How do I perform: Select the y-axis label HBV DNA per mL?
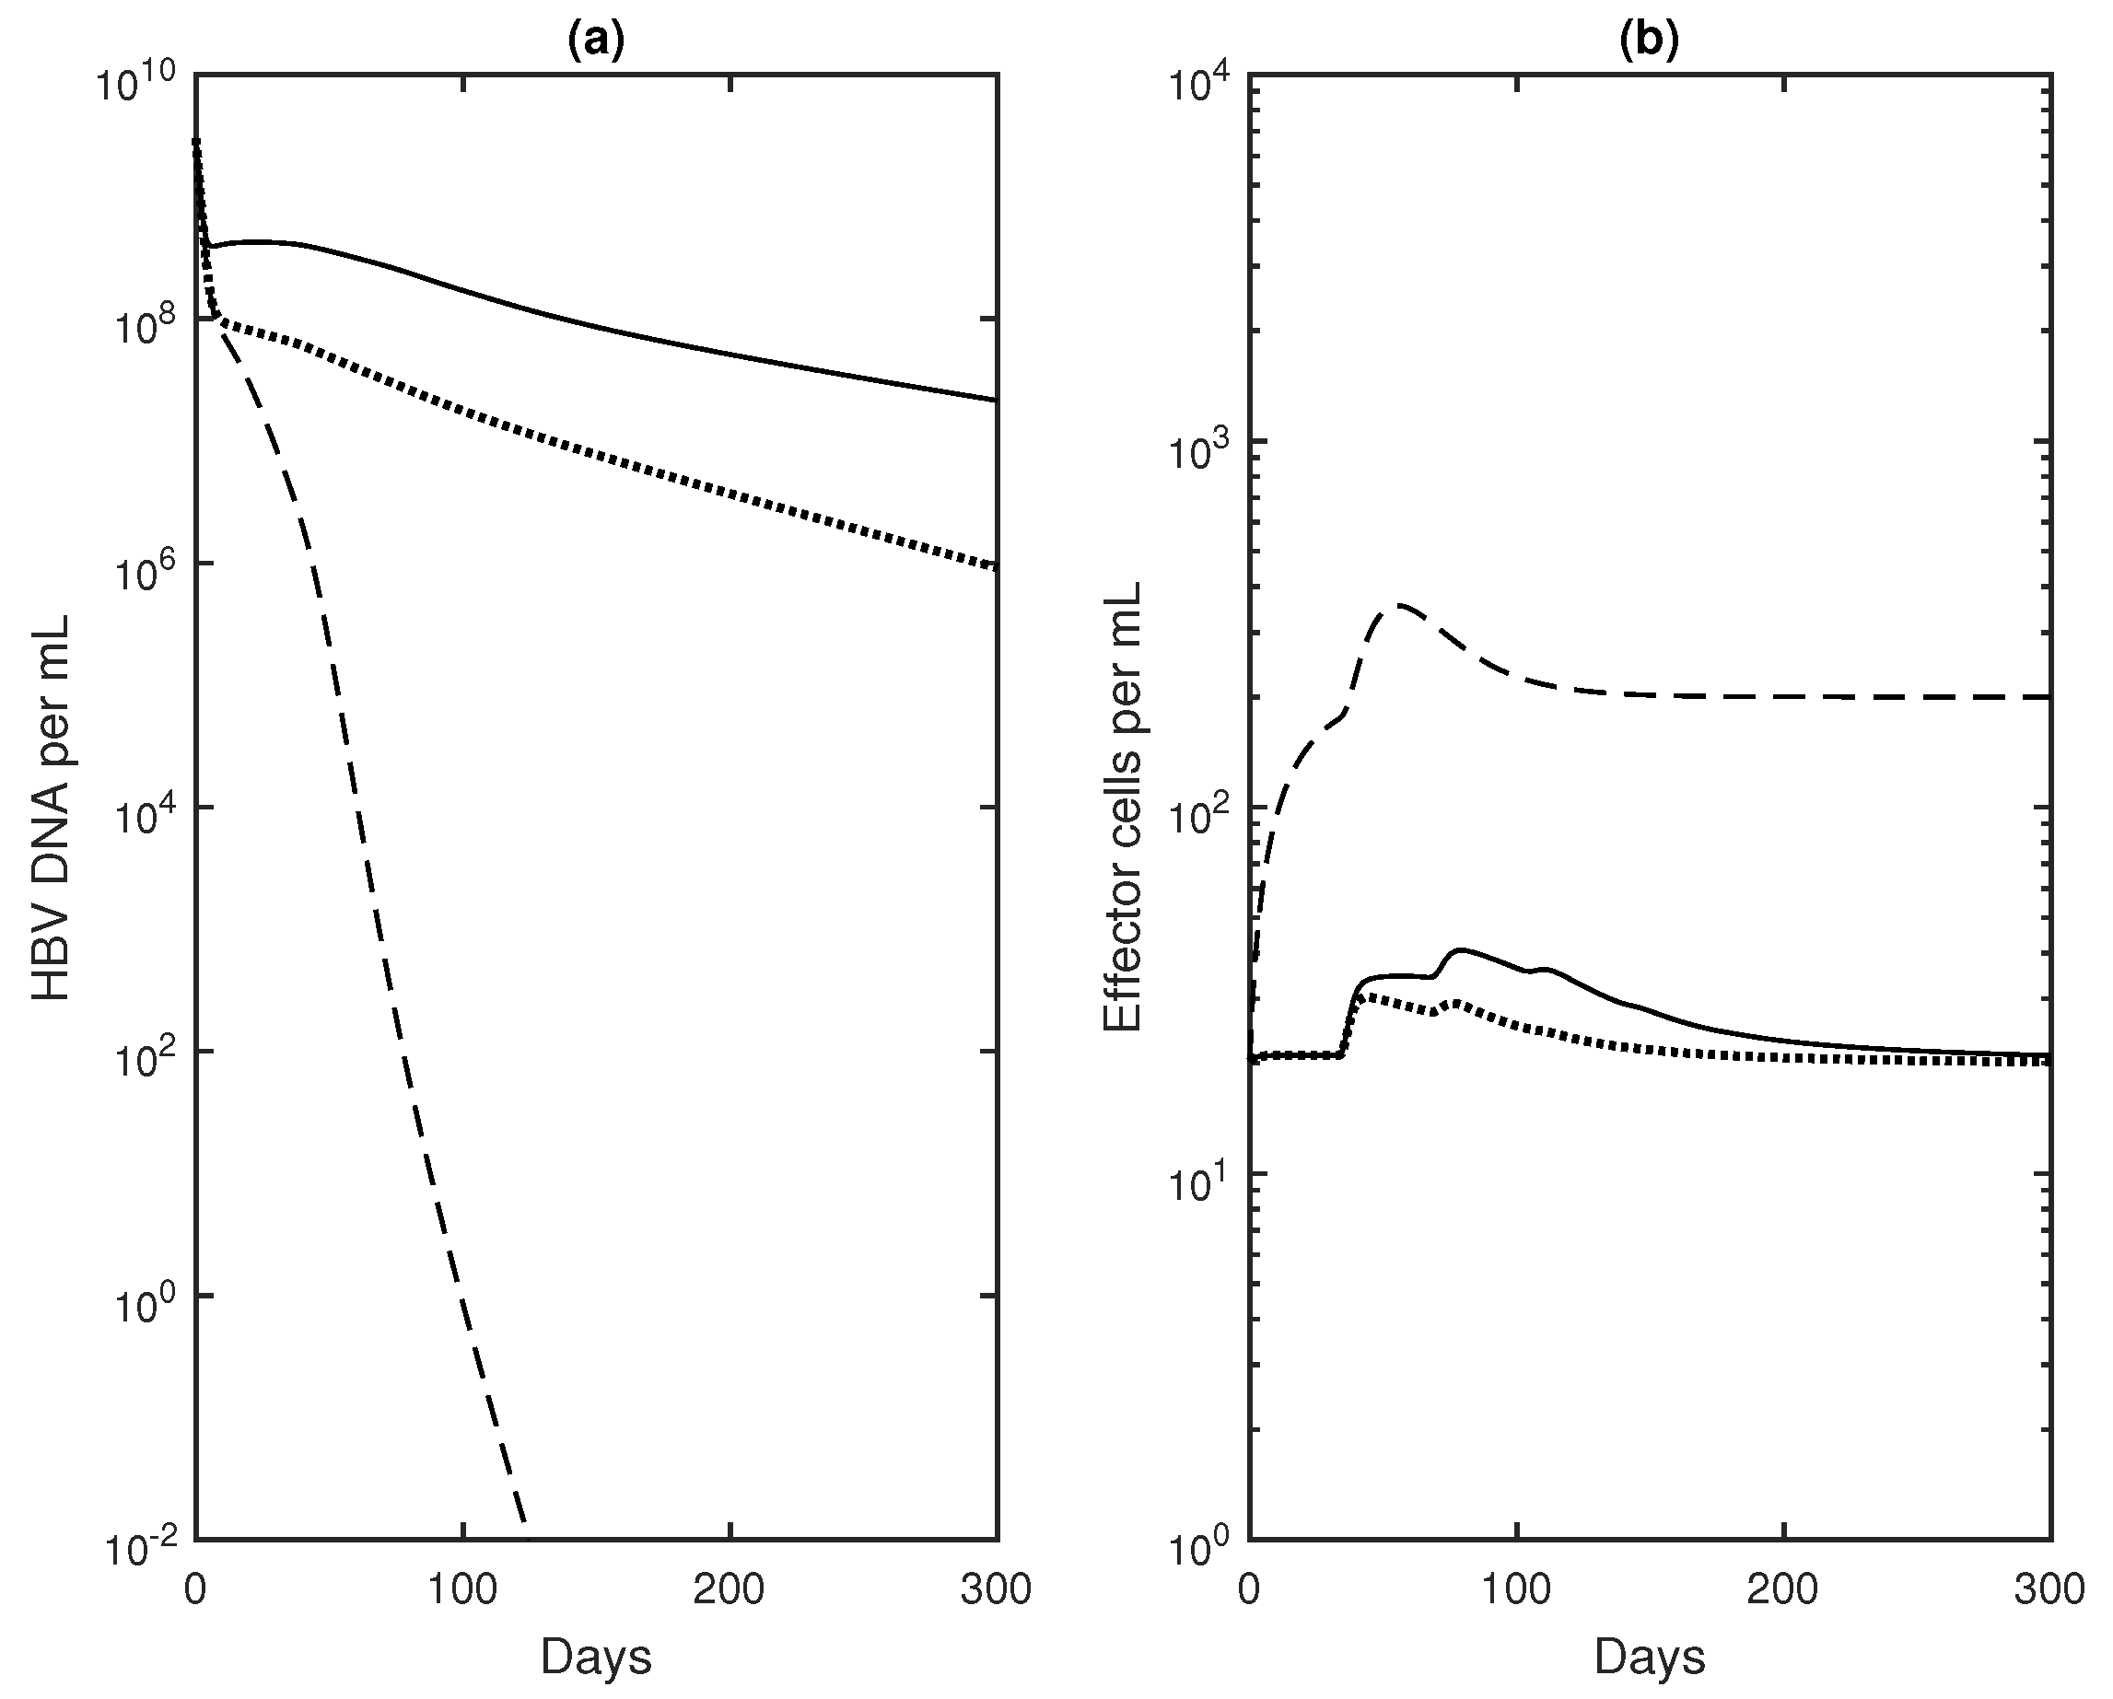pyautogui.click(x=52, y=808)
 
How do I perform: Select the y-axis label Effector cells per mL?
pyautogui.click(x=1123, y=808)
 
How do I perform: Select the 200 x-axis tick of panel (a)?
pyautogui.click(x=730, y=1589)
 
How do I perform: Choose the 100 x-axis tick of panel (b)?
pyautogui.click(x=1515, y=1589)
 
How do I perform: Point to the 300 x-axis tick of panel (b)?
pyautogui.click(x=2050, y=1589)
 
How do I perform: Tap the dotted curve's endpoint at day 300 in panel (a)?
pyautogui.click(x=996, y=566)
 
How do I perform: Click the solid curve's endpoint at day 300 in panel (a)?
pyautogui.click(x=996, y=400)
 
